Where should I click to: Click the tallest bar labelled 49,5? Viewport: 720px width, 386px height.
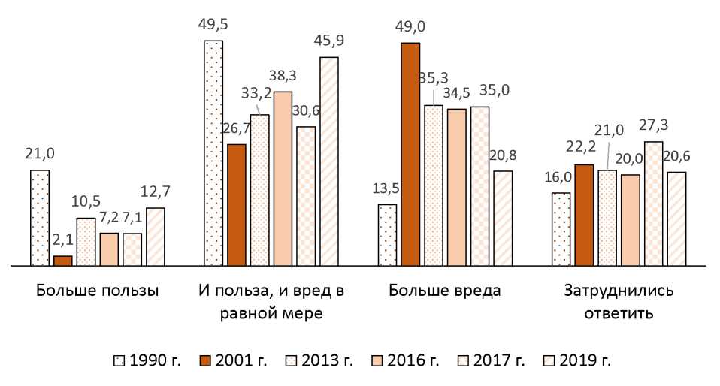coord(213,153)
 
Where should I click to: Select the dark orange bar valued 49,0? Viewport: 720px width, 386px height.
coord(410,154)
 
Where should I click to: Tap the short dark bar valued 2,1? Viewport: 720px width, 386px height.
coord(63,261)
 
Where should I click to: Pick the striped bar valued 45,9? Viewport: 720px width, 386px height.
coord(329,161)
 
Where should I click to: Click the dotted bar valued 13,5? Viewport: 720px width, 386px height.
coord(387,235)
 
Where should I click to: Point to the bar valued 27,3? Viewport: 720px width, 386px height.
coord(654,204)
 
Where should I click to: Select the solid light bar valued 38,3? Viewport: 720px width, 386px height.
coord(283,179)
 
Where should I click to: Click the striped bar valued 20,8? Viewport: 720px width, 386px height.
coord(503,219)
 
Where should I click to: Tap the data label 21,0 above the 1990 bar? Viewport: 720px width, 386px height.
coord(40,154)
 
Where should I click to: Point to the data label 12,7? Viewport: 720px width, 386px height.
coord(156,191)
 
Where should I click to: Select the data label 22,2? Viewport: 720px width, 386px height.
coord(583,148)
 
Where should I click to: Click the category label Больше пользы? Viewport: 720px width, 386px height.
coord(98,291)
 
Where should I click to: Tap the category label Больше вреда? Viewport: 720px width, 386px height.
coord(446,291)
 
